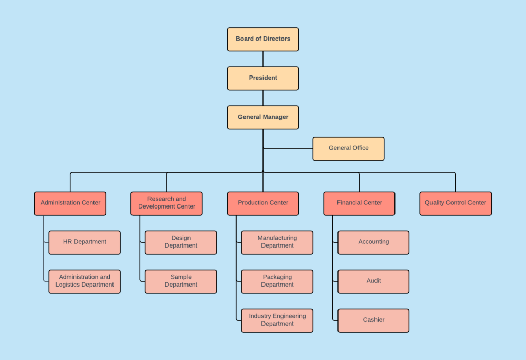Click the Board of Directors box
263,39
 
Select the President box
263,78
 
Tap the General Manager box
263,117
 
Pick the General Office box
348,148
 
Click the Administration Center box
70,203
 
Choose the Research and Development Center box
166,203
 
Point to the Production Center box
263,203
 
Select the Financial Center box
359,203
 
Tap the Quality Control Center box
455,203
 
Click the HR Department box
85,242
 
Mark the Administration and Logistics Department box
85,281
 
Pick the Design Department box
181,242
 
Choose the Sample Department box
181,281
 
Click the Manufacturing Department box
277,242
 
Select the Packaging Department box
277,281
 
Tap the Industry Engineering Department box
277,320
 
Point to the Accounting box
373,242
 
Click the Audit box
373,281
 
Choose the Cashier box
373,320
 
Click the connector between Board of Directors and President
263,59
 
